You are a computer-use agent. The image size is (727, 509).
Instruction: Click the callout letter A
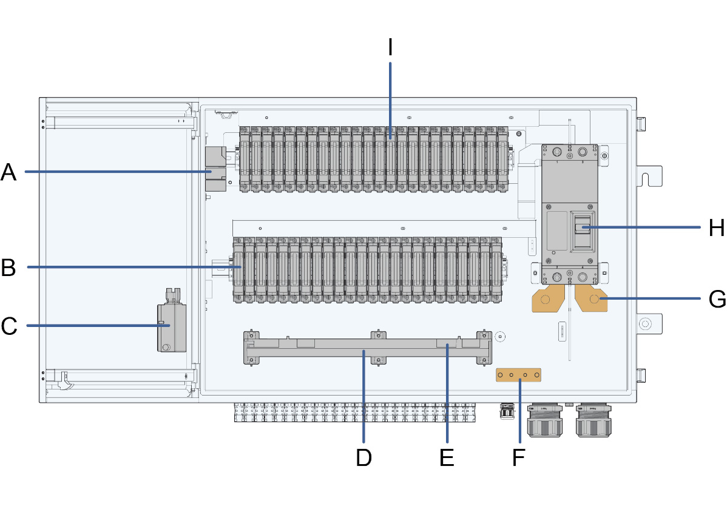click(8, 172)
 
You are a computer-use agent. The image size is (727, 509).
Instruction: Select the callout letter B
click(8, 267)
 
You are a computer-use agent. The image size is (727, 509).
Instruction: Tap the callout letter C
click(8, 326)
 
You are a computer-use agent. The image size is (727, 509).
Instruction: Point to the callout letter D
click(363, 457)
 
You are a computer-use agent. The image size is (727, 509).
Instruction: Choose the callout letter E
click(447, 457)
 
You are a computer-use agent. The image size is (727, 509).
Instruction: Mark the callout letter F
click(518, 457)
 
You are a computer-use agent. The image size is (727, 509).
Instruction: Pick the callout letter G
click(717, 299)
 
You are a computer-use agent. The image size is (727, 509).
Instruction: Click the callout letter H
click(717, 228)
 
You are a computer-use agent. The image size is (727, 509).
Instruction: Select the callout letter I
click(390, 47)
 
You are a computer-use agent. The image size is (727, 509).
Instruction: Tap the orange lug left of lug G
click(547, 299)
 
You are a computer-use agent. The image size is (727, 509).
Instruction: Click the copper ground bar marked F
click(518, 376)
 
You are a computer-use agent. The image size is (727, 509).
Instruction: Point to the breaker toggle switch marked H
click(583, 228)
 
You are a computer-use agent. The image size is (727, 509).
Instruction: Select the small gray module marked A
click(215, 172)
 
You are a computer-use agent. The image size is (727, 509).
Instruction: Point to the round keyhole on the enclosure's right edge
click(645, 323)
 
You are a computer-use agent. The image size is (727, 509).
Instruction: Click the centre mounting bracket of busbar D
click(378, 348)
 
